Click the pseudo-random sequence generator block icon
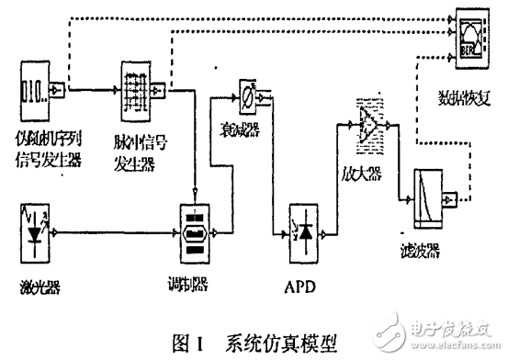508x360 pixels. pos(40,90)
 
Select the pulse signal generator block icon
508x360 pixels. pos(141,88)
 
